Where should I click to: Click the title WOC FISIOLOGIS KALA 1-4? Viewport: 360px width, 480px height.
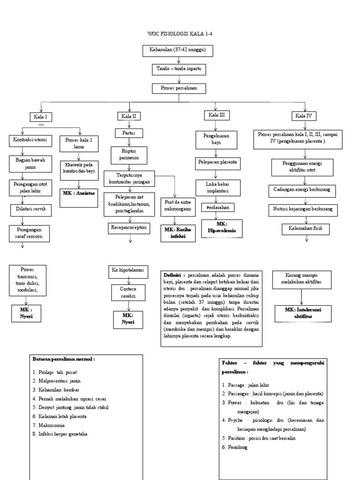click(x=180, y=34)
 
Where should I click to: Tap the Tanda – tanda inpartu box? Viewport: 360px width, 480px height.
click(x=179, y=69)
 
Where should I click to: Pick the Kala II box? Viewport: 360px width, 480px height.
click(x=129, y=116)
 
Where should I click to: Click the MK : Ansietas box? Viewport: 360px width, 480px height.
click(x=78, y=192)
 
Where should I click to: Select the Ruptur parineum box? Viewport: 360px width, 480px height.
click(x=129, y=155)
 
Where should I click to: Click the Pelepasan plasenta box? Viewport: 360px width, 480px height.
click(x=217, y=163)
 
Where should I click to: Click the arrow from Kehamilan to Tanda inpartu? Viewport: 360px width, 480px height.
click(x=178, y=60)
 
